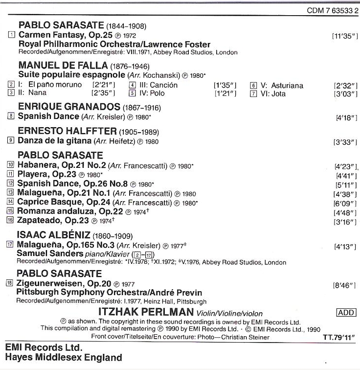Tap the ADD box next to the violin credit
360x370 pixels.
346,313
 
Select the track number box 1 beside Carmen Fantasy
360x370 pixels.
12,35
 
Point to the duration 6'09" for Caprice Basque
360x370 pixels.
344,203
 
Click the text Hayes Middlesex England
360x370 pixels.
63,357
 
